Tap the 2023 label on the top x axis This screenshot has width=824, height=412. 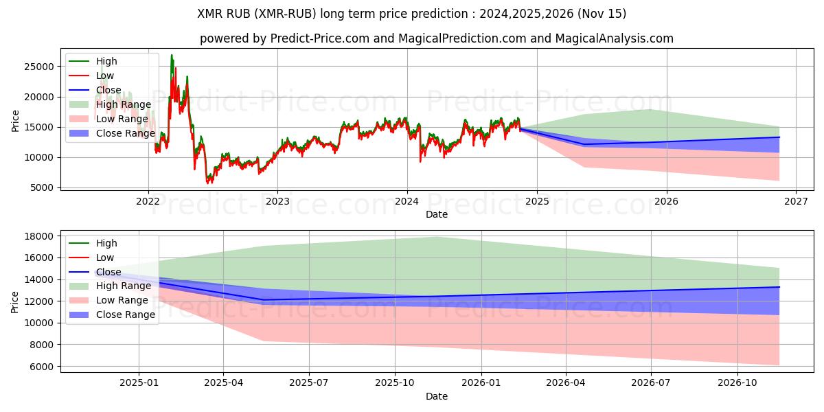tap(277, 201)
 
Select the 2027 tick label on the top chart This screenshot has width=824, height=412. tap(796, 201)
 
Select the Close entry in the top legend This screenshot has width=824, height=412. tap(108, 90)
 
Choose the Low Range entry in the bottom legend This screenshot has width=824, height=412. tap(122, 300)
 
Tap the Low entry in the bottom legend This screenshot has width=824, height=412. tap(105, 257)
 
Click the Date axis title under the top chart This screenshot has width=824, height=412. tap(437, 214)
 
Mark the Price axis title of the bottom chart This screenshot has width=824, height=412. tap(15, 301)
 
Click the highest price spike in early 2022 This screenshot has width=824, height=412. tap(172, 55)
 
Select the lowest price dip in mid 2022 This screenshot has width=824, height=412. tap(209, 183)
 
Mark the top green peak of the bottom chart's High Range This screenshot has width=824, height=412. tap(437, 237)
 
